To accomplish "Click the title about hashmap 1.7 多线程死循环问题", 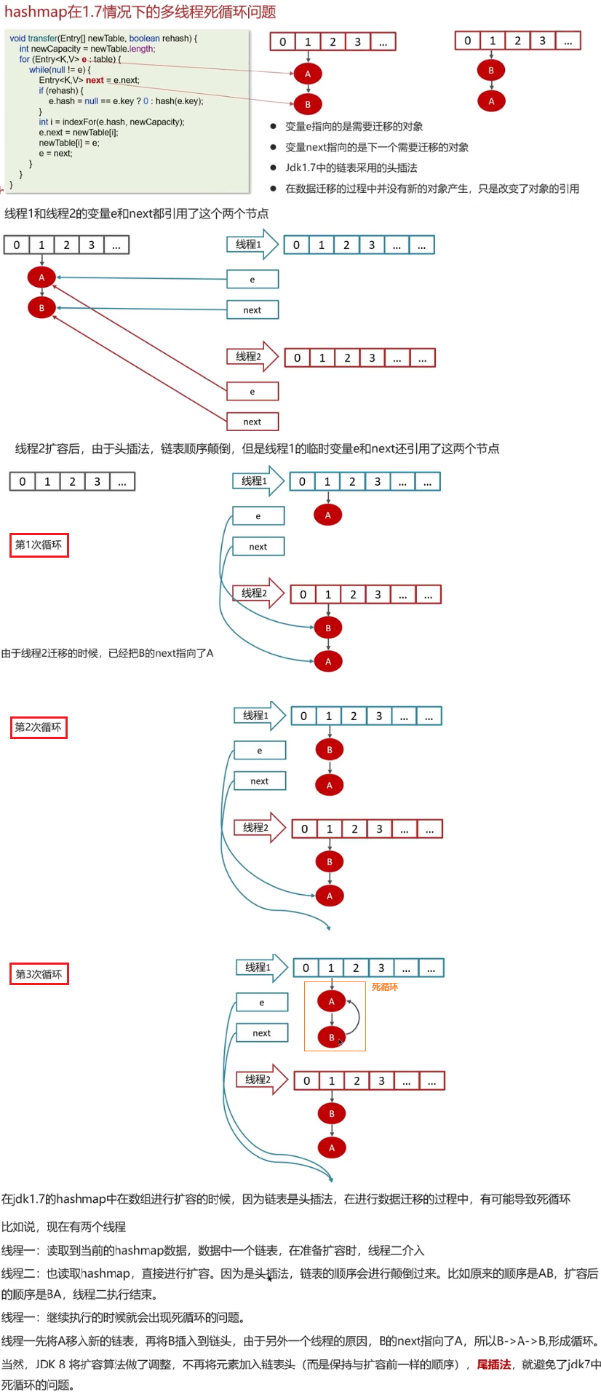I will tap(140, 12).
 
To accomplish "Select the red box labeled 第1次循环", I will tap(39, 545).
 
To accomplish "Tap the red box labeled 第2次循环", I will tap(39, 727).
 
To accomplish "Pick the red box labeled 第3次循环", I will tap(39, 974).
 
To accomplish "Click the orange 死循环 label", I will tap(385, 987).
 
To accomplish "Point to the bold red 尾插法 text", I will tap(494, 1364).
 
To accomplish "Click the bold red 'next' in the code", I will tap(95, 80).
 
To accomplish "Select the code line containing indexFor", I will tap(111, 122).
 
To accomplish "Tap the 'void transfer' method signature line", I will tap(103, 39).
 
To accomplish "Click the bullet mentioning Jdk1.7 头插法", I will tap(351, 168).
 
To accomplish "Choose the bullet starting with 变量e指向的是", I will tap(354, 127).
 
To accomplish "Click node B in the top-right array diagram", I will tap(491, 71).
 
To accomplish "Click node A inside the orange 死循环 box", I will tap(331, 1001).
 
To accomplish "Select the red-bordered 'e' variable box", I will tap(252, 392).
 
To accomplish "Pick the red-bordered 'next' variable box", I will tap(252, 422).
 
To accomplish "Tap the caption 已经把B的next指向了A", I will tap(107, 653).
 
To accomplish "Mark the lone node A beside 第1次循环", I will tap(328, 515).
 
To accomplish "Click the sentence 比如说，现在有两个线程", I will tap(63, 1227).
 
